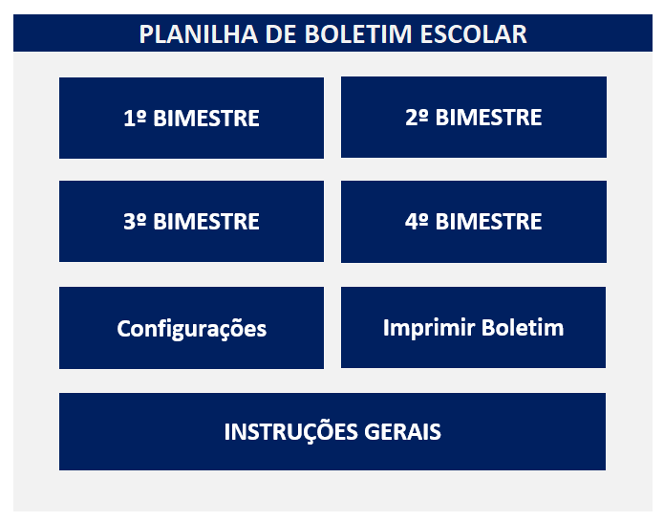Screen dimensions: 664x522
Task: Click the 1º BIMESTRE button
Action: tap(191, 118)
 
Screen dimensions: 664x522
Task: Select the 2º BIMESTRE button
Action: tap(474, 117)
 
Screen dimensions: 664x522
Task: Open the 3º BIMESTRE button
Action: tap(191, 221)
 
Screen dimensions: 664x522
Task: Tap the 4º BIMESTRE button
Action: tap(474, 222)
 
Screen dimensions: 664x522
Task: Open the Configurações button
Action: tap(191, 328)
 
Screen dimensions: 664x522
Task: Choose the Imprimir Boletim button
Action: tap(473, 327)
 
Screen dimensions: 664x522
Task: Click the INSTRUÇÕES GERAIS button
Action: tap(332, 431)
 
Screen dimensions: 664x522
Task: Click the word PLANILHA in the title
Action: tap(199, 34)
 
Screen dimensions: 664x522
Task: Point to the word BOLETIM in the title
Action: tap(358, 34)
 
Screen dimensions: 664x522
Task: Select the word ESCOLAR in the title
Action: tap(474, 34)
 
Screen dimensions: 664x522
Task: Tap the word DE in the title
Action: tap(281, 34)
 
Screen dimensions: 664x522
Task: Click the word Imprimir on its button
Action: tap(429, 328)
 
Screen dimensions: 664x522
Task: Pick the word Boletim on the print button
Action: tap(523, 328)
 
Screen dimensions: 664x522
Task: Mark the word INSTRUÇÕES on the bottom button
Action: tap(291, 432)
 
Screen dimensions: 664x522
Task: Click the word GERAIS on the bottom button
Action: tap(403, 432)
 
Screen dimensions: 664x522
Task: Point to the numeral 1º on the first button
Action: tap(135, 118)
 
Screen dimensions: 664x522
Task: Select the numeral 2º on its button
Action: tap(418, 117)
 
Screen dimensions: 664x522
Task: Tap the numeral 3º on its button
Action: tap(135, 221)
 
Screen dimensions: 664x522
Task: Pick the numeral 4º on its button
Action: tap(418, 222)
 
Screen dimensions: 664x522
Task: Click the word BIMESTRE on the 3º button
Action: tap(206, 222)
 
